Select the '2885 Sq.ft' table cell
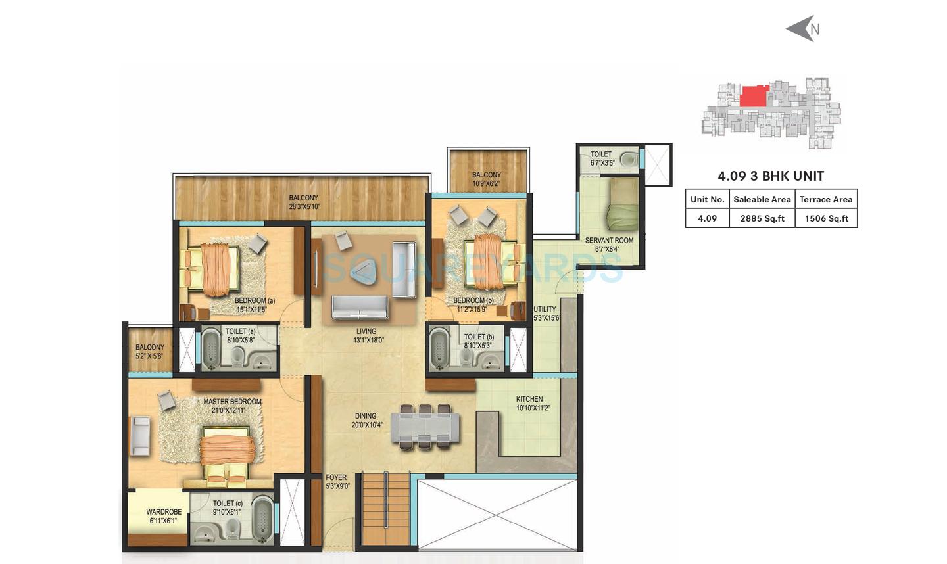point(762,218)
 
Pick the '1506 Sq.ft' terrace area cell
point(826,218)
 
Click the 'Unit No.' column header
point(707,199)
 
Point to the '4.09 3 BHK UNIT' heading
point(771,176)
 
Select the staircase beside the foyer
point(386,509)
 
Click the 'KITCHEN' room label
point(529,399)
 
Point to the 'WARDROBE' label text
point(164,512)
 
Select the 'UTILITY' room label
point(545,309)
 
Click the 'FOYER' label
point(336,477)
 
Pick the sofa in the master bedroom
point(139,435)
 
